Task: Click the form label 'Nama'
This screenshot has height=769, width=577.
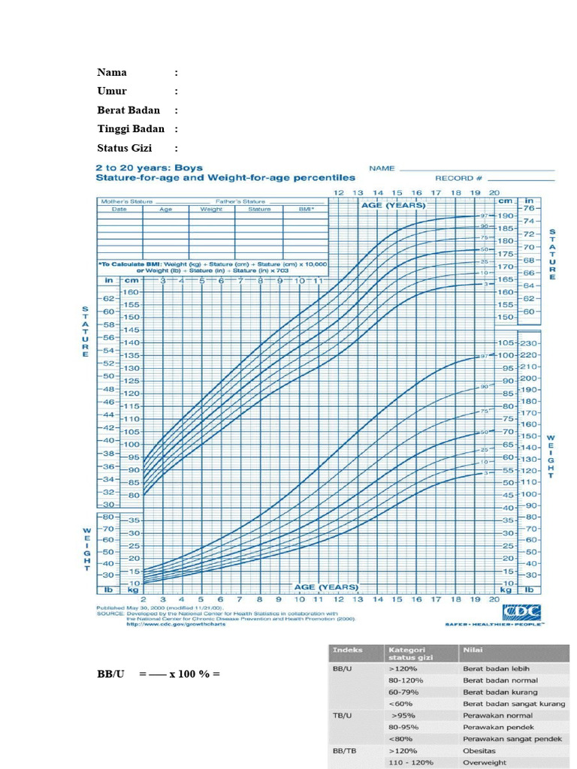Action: [x=112, y=73]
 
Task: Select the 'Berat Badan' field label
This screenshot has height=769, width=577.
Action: [x=128, y=110]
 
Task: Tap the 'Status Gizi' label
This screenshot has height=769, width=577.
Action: [x=124, y=148]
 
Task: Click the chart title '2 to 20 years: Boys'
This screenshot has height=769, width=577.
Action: [x=149, y=168]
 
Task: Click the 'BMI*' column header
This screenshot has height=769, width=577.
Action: [x=305, y=210]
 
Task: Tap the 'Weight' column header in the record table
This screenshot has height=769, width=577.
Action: [x=211, y=210]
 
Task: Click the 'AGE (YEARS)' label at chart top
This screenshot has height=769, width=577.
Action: [x=393, y=205]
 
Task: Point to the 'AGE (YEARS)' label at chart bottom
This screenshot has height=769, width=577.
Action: [x=325, y=587]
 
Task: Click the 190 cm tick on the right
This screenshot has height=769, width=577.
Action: [x=505, y=216]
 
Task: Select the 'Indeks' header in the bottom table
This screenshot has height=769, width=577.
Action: [x=348, y=650]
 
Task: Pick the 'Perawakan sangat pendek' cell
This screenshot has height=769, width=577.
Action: [x=512, y=739]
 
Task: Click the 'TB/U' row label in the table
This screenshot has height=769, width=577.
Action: [x=343, y=716]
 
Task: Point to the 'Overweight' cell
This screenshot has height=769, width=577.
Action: [x=485, y=762]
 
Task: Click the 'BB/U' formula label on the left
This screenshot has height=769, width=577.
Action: [x=110, y=674]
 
